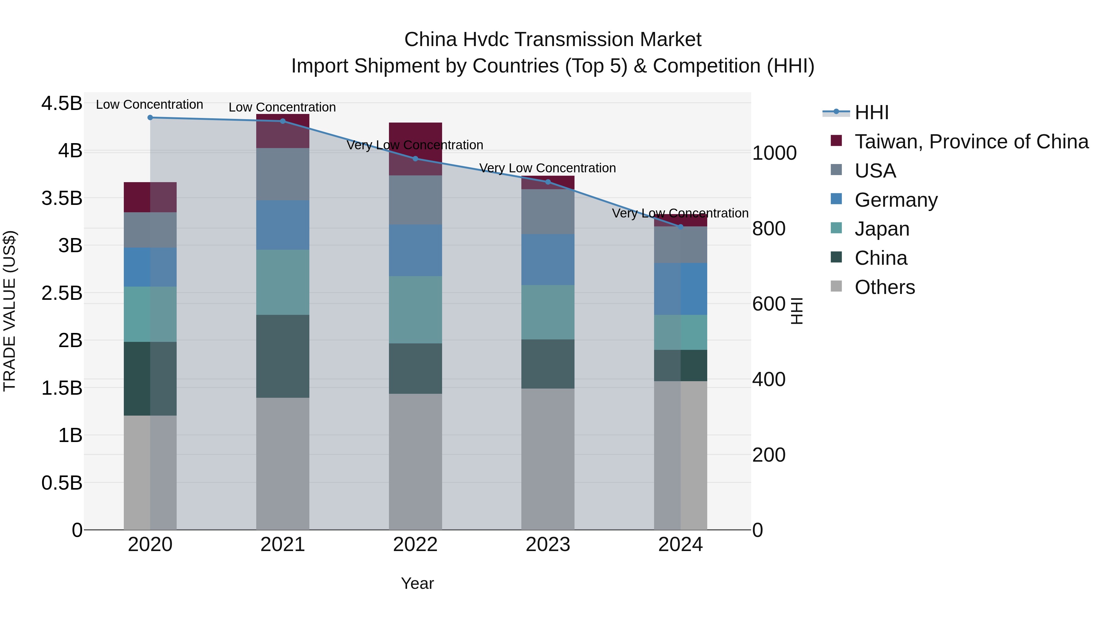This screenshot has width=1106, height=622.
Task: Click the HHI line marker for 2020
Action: click(x=150, y=118)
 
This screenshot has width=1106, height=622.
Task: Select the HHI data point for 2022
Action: click(x=415, y=159)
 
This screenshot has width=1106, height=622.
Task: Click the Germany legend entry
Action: click(x=896, y=200)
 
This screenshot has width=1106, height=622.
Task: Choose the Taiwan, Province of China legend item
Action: click(x=971, y=142)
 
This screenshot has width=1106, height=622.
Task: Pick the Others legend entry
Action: click(x=884, y=287)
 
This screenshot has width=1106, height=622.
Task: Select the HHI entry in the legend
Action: click(x=872, y=112)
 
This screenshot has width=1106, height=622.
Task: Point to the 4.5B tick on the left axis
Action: click(x=62, y=104)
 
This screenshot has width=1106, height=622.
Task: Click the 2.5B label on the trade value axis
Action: click(x=62, y=293)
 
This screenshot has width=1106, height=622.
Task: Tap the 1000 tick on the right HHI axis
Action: click(x=774, y=153)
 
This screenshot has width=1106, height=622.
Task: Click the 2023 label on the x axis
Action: click(x=548, y=545)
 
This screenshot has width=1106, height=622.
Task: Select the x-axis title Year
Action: click(x=417, y=583)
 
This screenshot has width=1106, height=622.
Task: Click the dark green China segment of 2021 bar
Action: click(x=283, y=356)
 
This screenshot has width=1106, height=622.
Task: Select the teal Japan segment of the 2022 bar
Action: click(x=415, y=310)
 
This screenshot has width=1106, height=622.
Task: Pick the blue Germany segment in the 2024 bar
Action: click(x=680, y=289)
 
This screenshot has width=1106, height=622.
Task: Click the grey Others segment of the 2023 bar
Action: click(x=548, y=459)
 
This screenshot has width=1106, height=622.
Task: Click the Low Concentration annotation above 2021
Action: click(x=282, y=107)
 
